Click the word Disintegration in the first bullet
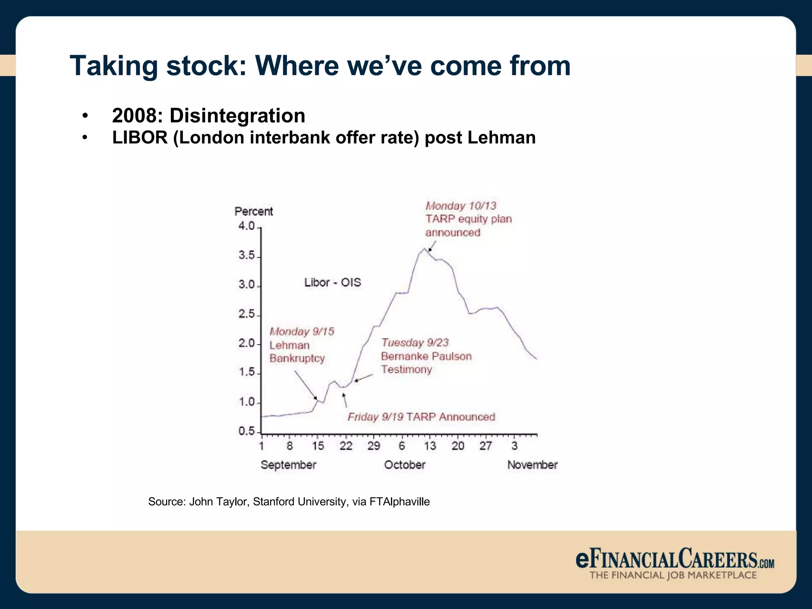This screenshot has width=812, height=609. [237, 116]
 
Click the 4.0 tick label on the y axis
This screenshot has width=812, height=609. [246, 226]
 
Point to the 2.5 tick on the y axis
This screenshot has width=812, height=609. [246, 314]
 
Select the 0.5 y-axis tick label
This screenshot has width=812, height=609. [246, 431]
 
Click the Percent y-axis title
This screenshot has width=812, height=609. [254, 211]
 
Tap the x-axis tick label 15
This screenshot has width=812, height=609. [318, 446]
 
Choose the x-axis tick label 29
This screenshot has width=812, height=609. [373, 446]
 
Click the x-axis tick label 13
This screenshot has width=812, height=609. [430, 446]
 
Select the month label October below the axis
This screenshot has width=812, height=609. [404, 465]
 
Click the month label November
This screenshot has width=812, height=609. [532, 465]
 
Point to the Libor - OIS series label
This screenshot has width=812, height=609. [333, 282]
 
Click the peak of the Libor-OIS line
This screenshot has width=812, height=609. [425, 249]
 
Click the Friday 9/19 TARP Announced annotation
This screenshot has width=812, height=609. [421, 417]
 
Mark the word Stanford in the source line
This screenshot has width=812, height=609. [274, 502]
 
